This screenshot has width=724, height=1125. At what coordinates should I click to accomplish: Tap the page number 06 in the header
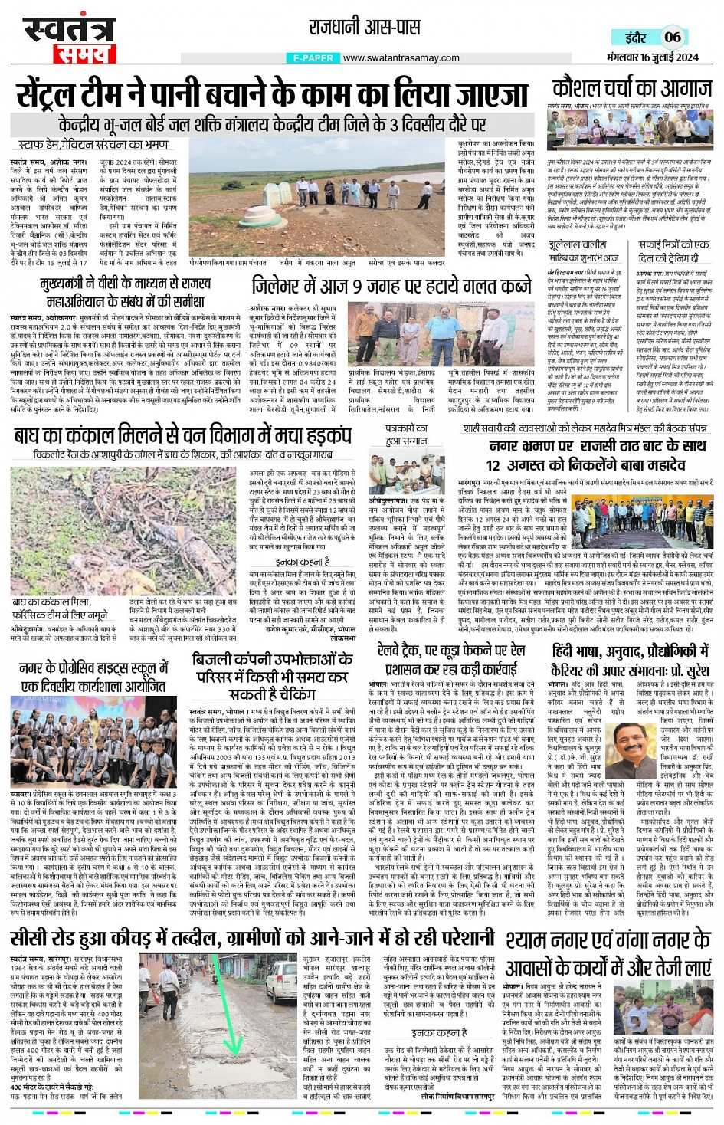[672, 37]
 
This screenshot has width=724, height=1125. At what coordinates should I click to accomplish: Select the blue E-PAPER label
[313, 58]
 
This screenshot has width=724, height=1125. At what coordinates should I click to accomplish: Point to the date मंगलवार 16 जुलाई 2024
[652, 57]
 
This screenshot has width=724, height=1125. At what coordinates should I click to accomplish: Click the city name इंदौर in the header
[635, 38]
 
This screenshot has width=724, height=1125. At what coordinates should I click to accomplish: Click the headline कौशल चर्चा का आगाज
[632, 88]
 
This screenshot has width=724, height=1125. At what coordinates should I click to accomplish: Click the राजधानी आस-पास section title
[365, 28]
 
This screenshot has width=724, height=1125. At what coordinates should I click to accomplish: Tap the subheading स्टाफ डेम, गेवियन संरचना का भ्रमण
[93, 144]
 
